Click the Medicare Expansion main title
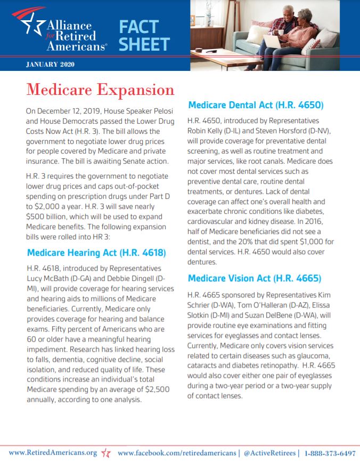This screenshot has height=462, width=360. click(100, 89)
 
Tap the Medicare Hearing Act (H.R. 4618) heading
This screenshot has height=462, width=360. click(96, 252)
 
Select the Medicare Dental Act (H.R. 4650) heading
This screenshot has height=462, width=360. click(256, 105)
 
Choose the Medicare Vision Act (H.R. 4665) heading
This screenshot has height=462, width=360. click(255, 278)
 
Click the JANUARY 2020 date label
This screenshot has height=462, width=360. click(50, 64)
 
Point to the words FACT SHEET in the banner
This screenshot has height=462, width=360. click(144, 35)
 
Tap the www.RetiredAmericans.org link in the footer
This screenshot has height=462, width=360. click(53, 452)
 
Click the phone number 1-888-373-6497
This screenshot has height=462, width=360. click(330, 452)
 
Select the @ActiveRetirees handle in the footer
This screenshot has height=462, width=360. click(269, 452)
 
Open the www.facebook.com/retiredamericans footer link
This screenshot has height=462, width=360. click(177, 452)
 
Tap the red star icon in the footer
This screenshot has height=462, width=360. click(106, 453)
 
